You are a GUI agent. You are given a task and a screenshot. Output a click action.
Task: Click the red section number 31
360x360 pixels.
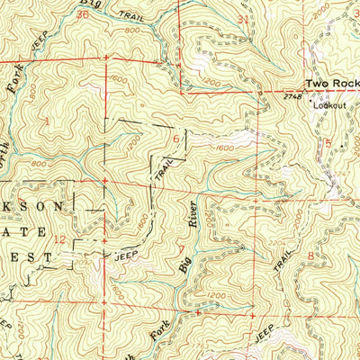pyautogui.click(x=244, y=18)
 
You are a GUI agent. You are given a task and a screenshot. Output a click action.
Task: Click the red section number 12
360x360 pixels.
pyautogui.click(x=58, y=239)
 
